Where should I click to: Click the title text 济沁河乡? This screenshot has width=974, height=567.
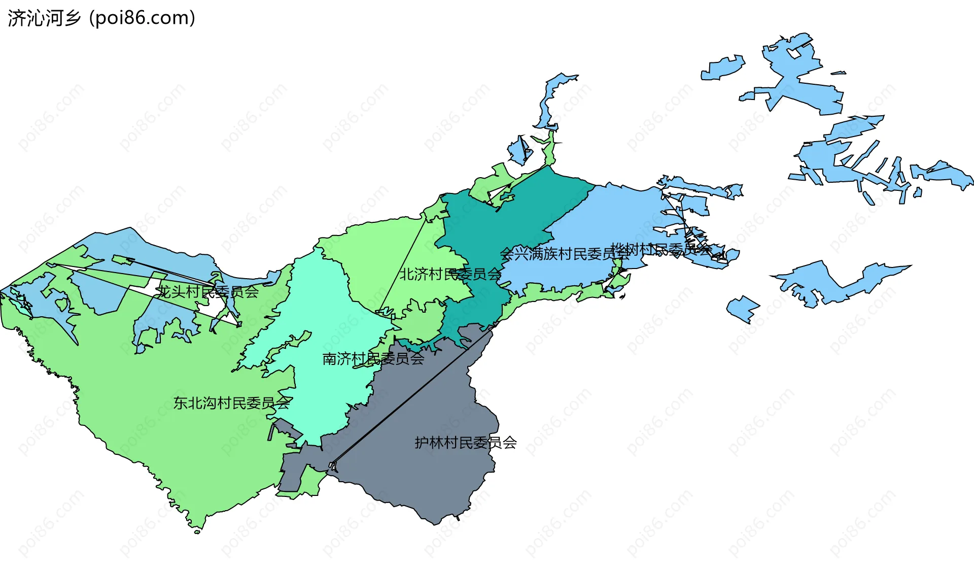(x=44, y=18)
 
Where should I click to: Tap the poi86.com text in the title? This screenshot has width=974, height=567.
(x=142, y=18)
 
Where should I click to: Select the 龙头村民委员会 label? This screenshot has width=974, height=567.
(x=208, y=291)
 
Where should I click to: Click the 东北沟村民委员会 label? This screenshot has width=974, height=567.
(x=231, y=403)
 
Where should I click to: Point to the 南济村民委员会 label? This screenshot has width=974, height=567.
(x=373, y=359)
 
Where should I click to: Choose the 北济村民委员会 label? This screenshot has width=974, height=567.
(x=450, y=274)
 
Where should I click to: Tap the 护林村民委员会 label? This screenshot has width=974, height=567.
(x=466, y=443)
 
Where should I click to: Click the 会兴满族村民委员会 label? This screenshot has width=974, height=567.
(x=564, y=254)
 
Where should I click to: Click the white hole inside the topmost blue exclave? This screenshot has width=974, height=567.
(x=794, y=53)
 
